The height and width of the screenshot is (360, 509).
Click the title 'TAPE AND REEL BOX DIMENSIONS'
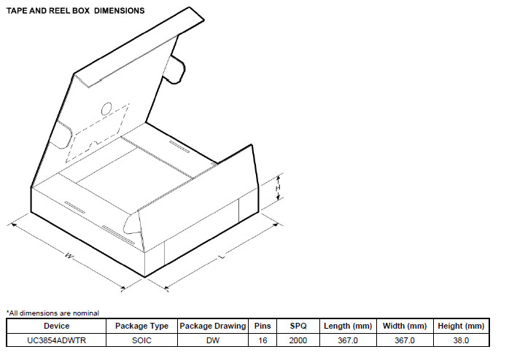pos(75,11)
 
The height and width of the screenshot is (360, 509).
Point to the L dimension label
pos(221,257)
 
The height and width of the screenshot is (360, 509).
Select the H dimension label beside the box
pos(278,188)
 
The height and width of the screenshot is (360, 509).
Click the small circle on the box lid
pos(106,109)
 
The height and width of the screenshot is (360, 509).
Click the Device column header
pos(56,326)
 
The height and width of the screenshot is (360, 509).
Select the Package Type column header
pos(141,326)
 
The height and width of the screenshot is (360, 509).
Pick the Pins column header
pos(262,326)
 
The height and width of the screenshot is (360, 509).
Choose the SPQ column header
pos(298,326)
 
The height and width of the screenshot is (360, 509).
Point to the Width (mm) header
pos(405,326)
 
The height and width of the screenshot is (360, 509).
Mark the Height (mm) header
pos(460,326)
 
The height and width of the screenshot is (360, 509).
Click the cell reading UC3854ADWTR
pos(56,340)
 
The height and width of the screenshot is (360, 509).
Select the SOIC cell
pos(141,340)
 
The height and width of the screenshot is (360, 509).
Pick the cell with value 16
pos(262,340)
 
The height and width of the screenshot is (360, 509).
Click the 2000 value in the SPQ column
pos(298,340)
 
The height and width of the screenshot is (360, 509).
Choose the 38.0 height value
pos(460,340)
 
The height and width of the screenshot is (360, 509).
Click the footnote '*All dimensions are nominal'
pos(53,313)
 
